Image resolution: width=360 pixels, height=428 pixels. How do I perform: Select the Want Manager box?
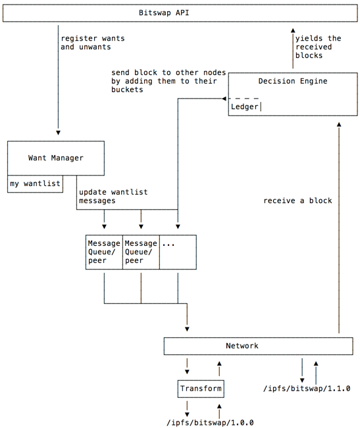pyautogui.click(x=56, y=158)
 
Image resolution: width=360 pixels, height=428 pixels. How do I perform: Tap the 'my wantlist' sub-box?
pyautogui.click(x=35, y=184)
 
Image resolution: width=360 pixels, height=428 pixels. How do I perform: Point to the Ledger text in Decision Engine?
pyautogui.click(x=244, y=107)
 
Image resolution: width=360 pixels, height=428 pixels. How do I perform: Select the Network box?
pyautogui.click(x=242, y=345)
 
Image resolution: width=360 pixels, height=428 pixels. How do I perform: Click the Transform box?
pyautogui.click(x=201, y=389)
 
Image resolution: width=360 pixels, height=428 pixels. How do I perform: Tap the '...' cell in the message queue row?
pyautogui.click(x=178, y=252)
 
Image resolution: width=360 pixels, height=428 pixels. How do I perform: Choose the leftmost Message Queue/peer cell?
pyautogui.click(x=104, y=252)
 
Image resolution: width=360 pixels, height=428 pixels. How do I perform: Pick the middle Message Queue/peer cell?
pyautogui.click(x=141, y=252)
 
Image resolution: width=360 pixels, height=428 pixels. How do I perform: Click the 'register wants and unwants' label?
pyautogui.click(x=93, y=43)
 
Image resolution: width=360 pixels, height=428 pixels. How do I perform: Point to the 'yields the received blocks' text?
pyautogui.click(x=314, y=47)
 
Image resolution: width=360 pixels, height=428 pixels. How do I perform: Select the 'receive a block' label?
pyautogui.click(x=297, y=201)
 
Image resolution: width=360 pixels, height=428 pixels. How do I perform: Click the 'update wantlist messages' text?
pyautogui.click(x=113, y=196)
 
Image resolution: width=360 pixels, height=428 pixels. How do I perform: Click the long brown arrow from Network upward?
pyautogui.click(x=339, y=230)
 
